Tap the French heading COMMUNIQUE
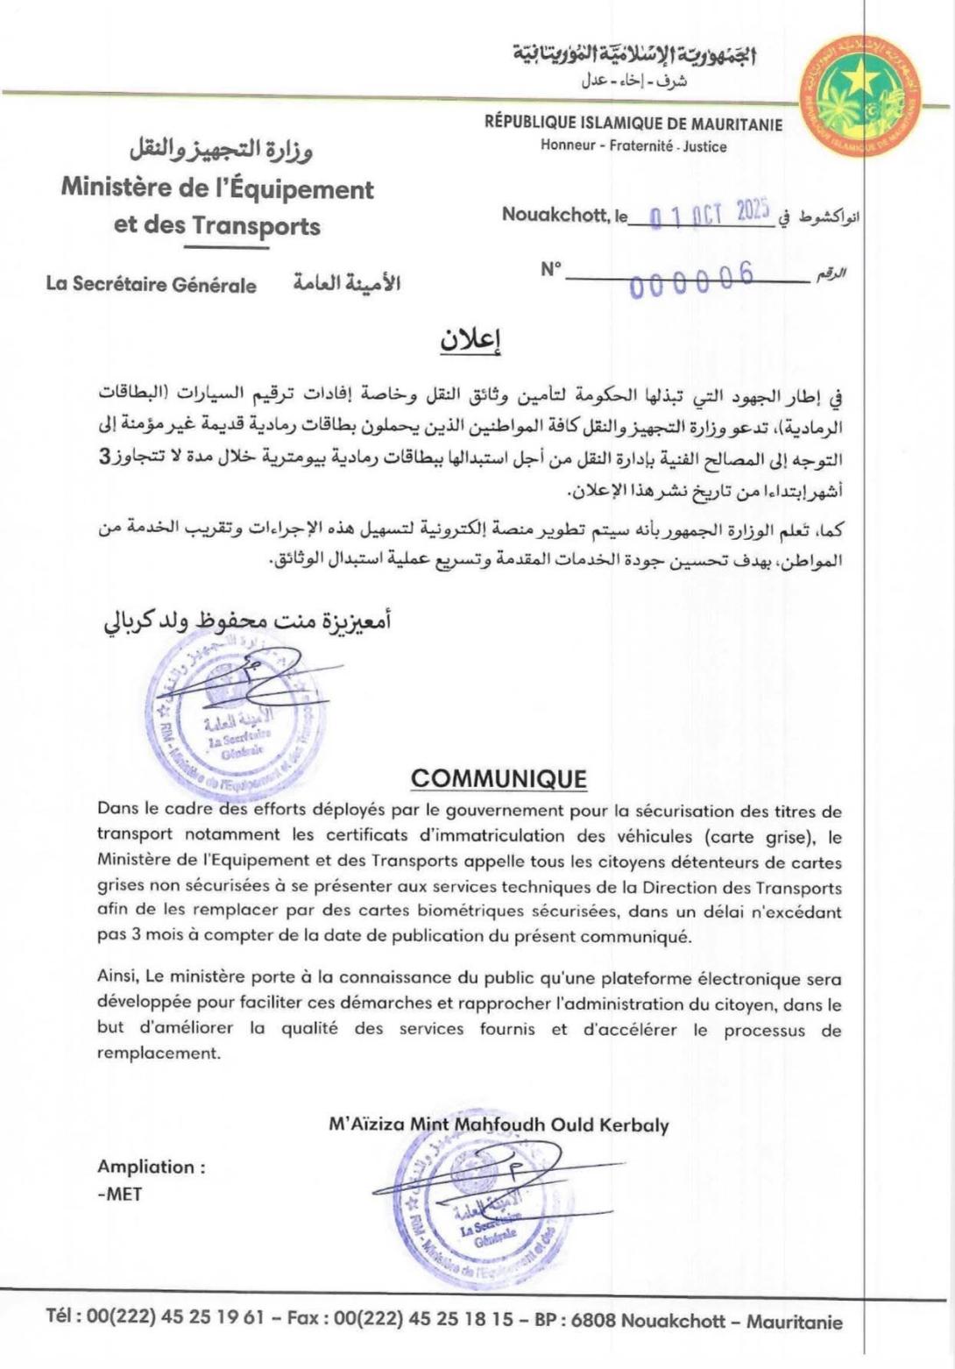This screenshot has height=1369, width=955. (x=499, y=778)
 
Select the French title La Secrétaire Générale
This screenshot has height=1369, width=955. (x=152, y=285)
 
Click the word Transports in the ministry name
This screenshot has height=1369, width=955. (x=256, y=226)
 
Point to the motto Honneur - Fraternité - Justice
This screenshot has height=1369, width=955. (x=633, y=146)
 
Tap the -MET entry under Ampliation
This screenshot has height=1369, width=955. (x=119, y=1193)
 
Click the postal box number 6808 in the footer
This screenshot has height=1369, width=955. (x=593, y=1321)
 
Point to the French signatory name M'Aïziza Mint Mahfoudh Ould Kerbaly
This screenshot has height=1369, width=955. (x=499, y=1125)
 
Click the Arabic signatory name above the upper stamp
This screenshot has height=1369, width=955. (x=248, y=621)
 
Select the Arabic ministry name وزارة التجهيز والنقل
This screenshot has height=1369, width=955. (x=221, y=150)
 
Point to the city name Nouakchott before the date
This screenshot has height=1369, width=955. (x=554, y=214)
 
